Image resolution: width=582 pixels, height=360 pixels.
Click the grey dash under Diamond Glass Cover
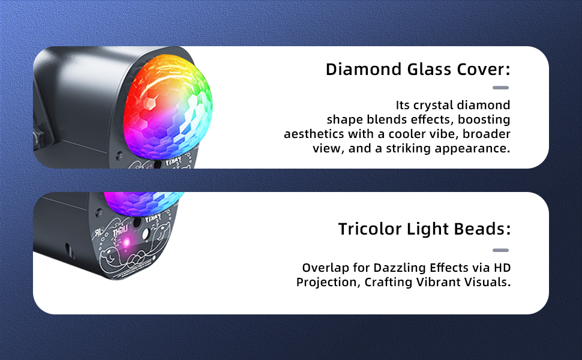click(x=500, y=88)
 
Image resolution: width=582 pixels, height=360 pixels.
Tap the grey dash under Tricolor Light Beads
click(x=500, y=250)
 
